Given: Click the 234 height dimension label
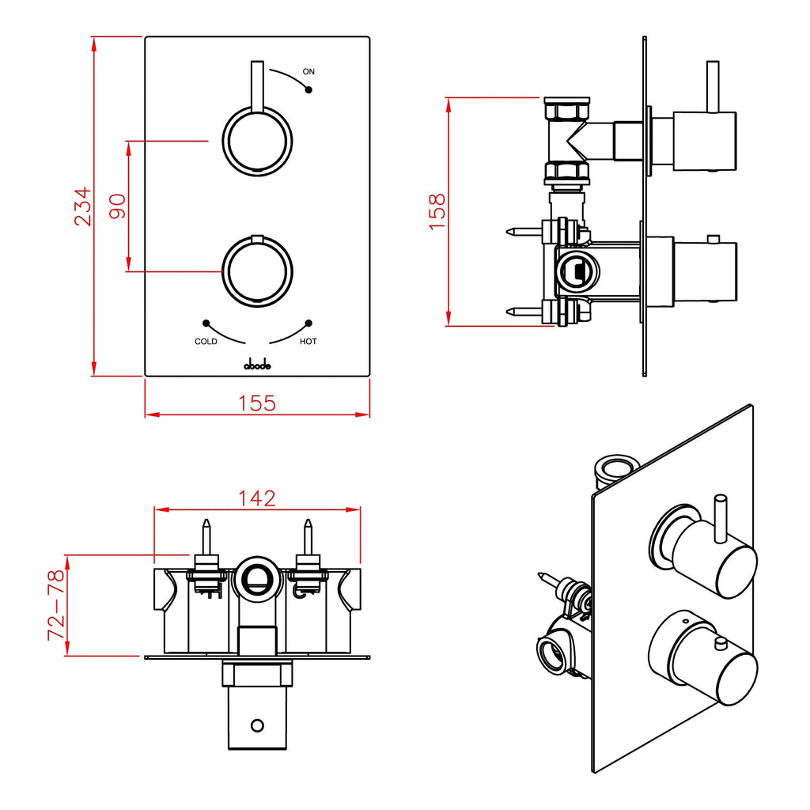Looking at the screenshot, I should [83, 206].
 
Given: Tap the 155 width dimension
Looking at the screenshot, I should [257, 403].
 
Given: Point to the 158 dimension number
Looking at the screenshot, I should [437, 211].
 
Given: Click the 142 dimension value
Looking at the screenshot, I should [257, 498].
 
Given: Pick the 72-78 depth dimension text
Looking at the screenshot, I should [55, 605].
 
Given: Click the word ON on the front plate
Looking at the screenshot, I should [308, 72].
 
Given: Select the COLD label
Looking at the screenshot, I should [206, 342].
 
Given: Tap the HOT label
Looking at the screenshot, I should [308, 342].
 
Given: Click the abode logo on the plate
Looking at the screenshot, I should [257, 364].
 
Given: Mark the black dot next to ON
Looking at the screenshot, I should [308, 90].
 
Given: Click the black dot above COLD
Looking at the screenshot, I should [206, 323].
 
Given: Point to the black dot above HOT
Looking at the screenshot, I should [308, 323].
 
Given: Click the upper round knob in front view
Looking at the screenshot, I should [257, 140].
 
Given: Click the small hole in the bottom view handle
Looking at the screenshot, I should [256, 725].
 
